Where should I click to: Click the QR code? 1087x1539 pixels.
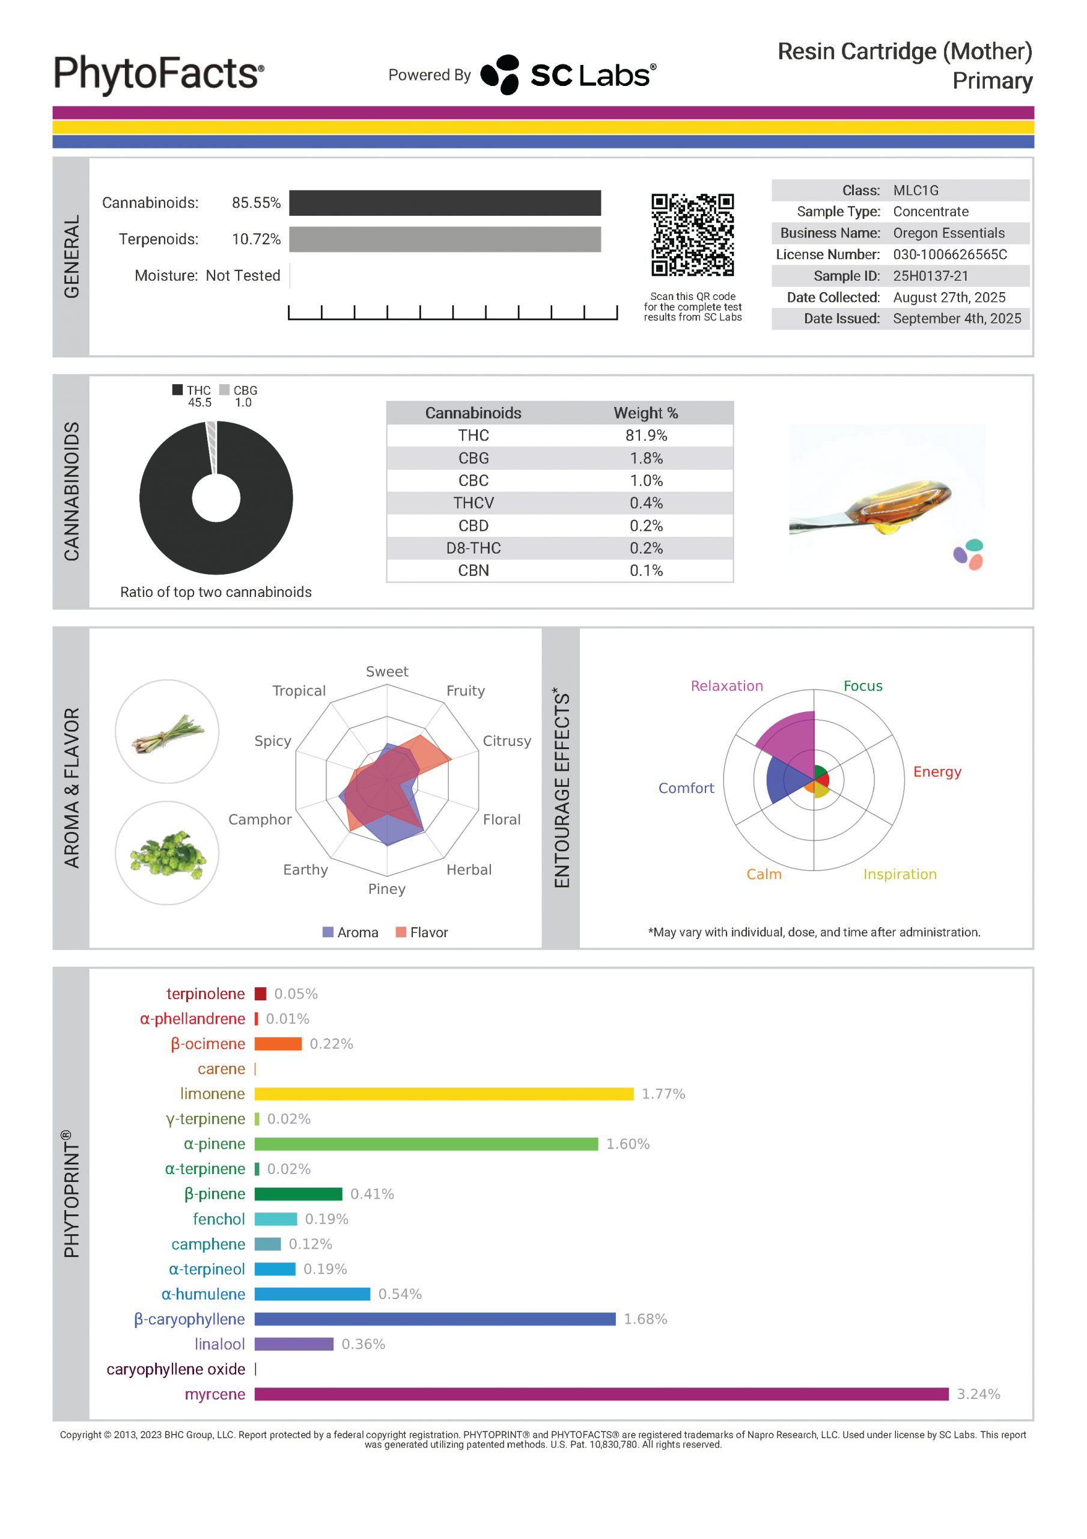(692, 234)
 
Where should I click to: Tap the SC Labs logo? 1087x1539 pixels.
(568, 75)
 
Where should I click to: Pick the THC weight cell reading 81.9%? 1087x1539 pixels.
(646, 436)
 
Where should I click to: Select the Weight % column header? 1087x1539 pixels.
(645, 413)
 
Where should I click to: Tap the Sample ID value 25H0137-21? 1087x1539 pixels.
(930, 275)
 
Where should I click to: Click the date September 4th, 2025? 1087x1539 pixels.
(957, 319)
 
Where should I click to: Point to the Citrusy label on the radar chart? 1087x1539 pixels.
(507, 741)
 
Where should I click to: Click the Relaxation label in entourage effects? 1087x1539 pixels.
(726, 686)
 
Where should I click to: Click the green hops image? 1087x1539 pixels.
(167, 852)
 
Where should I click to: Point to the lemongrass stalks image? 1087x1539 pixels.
(167, 733)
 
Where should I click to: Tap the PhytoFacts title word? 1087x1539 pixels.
(158, 74)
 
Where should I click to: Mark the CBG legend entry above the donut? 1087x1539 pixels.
(239, 390)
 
